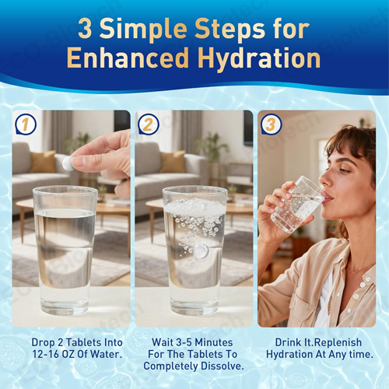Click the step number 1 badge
click(26, 124)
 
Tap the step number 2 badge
click(149, 124)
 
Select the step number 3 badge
click(270, 124)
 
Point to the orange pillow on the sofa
click(43, 161)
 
